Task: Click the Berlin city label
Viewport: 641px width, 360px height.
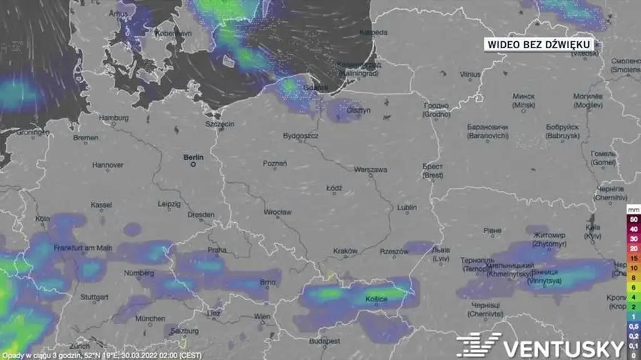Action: [x=193, y=157]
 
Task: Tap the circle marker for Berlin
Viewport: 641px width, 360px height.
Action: [x=193, y=165]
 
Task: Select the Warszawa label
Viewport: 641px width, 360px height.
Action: [x=371, y=170]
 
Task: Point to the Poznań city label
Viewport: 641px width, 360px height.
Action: [x=275, y=163]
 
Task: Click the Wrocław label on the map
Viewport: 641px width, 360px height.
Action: [x=277, y=212]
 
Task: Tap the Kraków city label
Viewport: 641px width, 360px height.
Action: [x=345, y=251]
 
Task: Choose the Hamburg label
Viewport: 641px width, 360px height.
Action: [x=113, y=117]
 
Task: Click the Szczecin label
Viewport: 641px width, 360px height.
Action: [x=220, y=124]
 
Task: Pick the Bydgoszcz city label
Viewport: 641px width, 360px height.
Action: [x=301, y=135]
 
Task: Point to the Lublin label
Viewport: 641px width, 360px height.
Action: [x=407, y=207]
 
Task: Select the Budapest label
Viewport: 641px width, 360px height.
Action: [x=324, y=341]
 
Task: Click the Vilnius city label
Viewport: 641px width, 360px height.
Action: [x=470, y=74]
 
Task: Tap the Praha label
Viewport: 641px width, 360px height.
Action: [x=217, y=249]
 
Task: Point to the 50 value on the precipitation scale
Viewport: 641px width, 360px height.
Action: [x=633, y=220]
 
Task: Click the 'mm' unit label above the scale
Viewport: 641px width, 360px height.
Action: [x=633, y=208]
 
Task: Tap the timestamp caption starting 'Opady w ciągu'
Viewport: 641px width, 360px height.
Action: [x=105, y=355]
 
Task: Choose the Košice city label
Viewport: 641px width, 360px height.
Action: [x=376, y=299]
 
